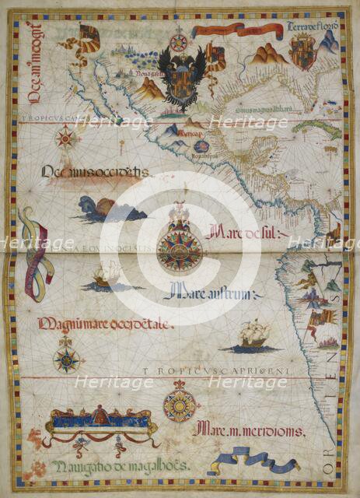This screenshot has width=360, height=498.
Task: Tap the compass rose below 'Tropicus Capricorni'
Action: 180,406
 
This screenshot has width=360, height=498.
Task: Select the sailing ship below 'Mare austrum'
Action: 253,335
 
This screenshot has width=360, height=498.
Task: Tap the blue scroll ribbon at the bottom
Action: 257,463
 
